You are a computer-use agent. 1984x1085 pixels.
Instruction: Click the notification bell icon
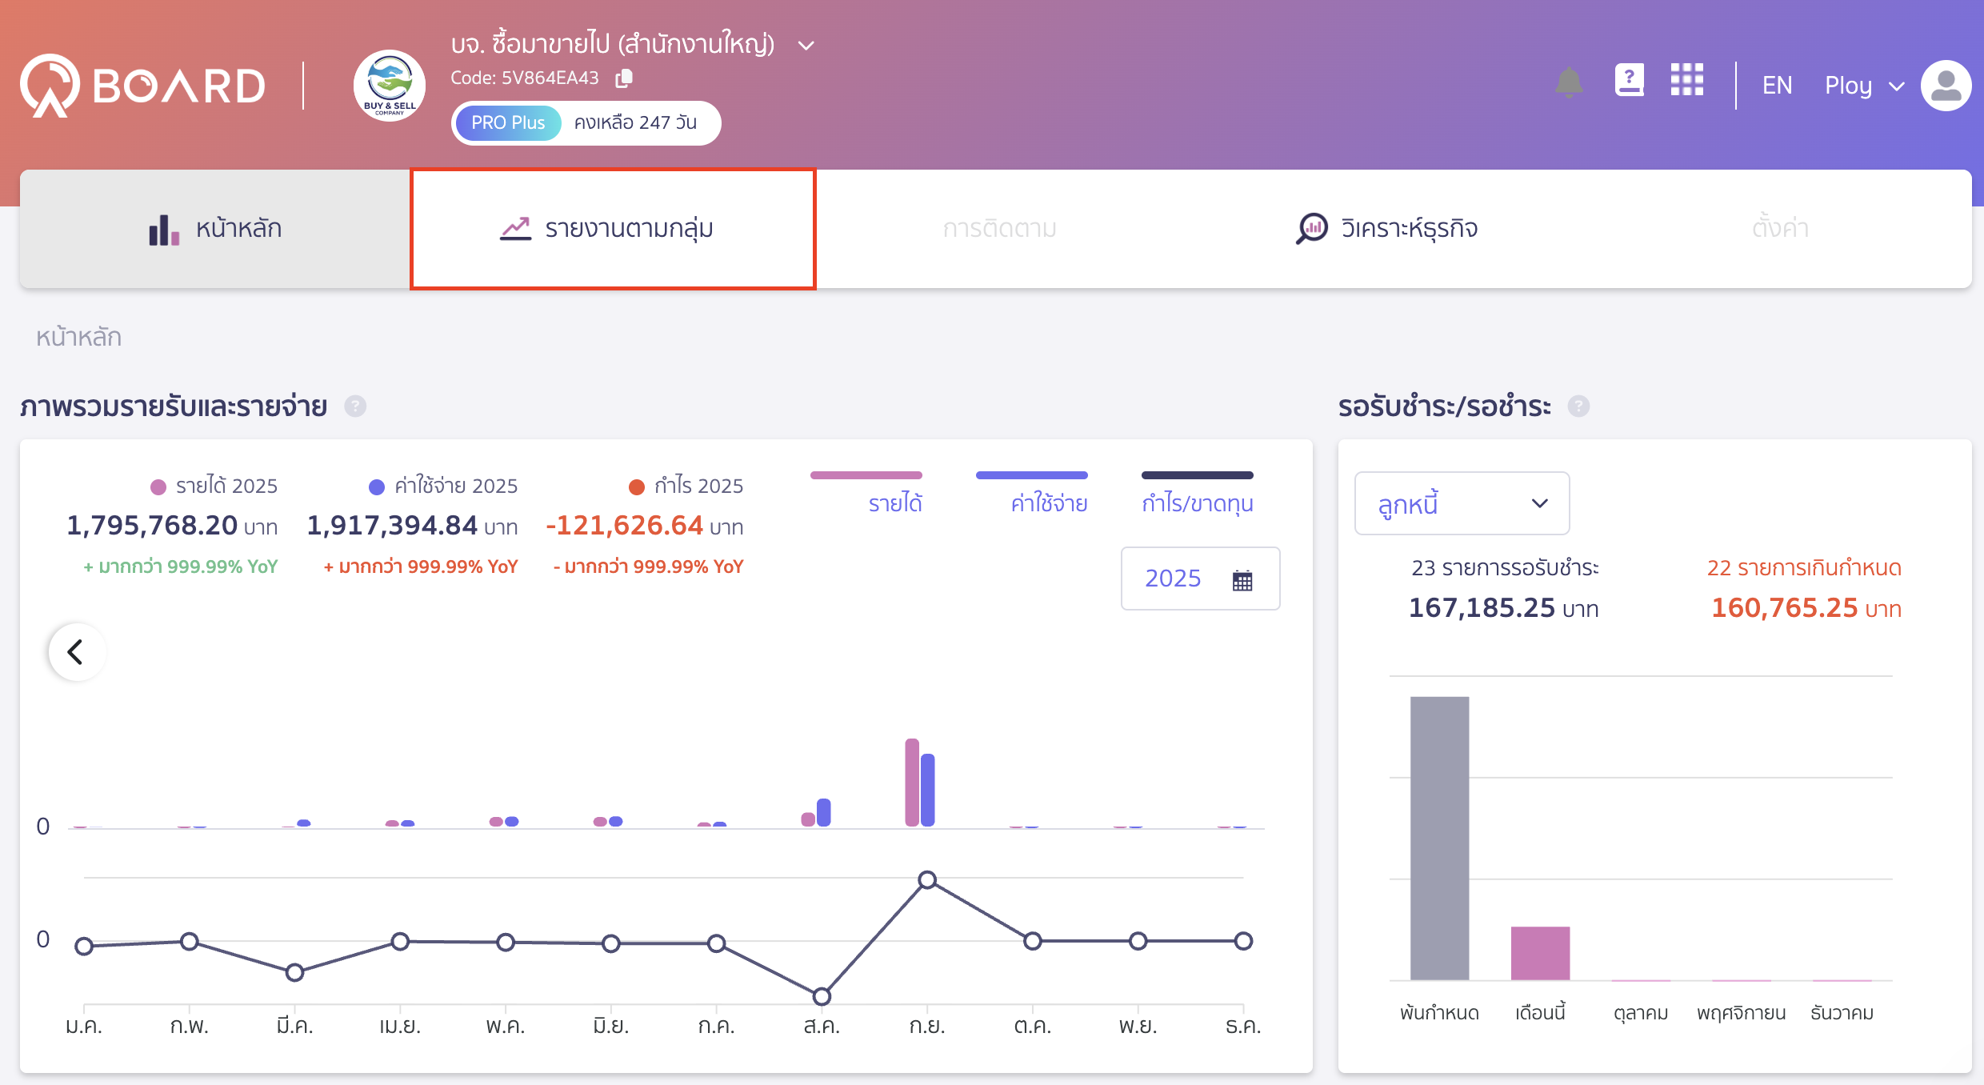pyautogui.click(x=1569, y=83)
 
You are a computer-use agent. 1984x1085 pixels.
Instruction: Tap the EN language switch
pyautogui.click(x=1777, y=85)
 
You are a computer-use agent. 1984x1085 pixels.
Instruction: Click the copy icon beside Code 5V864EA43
pyautogui.click(x=624, y=78)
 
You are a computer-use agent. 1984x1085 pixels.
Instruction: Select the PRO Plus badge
pyautogui.click(x=508, y=123)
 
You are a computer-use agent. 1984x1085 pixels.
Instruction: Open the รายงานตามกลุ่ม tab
pyautogui.click(x=613, y=229)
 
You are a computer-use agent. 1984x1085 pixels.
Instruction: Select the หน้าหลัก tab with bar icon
pyautogui.click(x=215, y=229)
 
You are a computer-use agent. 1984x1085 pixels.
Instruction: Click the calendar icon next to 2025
pyautogui.click(x=1242, y=580)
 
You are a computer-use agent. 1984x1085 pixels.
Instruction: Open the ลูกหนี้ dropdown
pyautogui.click(x=1462, y=504)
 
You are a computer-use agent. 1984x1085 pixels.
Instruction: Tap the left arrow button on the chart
pyautogui.click(x=76, y=652)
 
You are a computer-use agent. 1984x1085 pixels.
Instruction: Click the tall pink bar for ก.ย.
pyautogui.click(x=912, y=783)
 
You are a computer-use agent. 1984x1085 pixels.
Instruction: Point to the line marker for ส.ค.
pyautogui.click(x=822, y=996)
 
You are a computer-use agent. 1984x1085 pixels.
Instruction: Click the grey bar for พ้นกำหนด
pyautogui.click(x=1439, y=838)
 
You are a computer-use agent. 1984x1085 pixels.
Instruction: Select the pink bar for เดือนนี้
pyautogui.click(x=1540, y=953)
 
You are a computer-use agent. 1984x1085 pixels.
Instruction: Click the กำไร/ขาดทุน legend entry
pyautogui.click(x=1197, y=502)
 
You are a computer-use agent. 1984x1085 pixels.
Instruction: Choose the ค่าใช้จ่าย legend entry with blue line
pyautogui.click(x=1048, y=502)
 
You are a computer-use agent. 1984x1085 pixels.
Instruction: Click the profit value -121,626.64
pyautogui.click(x=624, y=526)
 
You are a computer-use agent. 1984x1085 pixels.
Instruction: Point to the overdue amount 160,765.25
pyautogui.click(x=1784, y=608)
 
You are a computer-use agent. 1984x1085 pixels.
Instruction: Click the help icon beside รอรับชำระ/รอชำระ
pyautogui.click(x=1578, y=406)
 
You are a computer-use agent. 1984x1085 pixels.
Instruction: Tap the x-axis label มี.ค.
pyautogui.click(x=294, y=1026)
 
